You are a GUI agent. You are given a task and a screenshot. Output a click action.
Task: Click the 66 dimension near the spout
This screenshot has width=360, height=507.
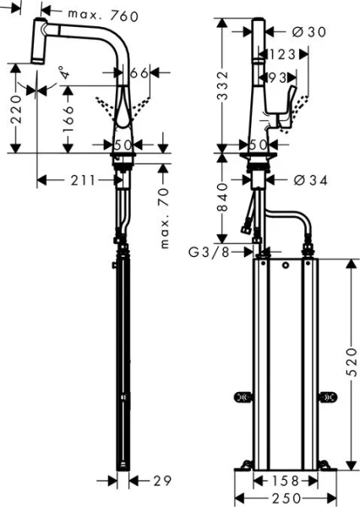(139, 74)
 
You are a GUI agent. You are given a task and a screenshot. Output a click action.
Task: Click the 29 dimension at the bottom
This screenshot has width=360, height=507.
(163, 481)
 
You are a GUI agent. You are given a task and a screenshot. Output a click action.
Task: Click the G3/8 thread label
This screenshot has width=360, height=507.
(209, 251)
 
